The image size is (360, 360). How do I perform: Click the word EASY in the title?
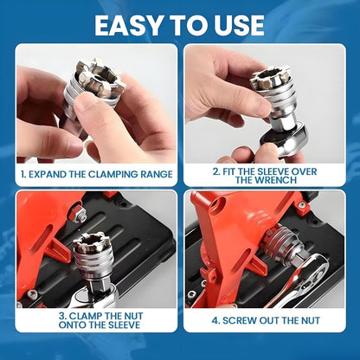click(x=131, y=24)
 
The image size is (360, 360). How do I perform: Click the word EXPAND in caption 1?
click(x=54, y=174)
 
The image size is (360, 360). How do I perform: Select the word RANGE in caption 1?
click(x=154, y=174)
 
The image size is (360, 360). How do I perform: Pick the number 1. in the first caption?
click(x=24, y=174)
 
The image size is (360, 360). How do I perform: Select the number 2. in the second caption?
click(x=215, y=170)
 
